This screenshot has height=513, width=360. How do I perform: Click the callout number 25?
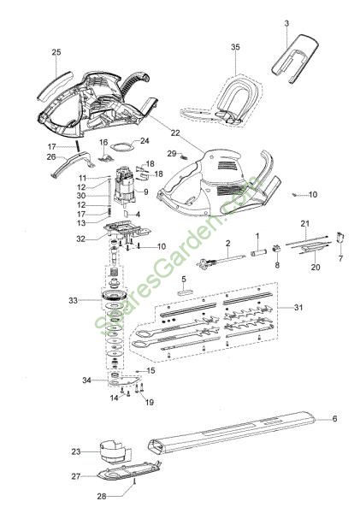[x=56, y=52]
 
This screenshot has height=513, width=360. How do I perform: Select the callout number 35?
[x=235, y=47]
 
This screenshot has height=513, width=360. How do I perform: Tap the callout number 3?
[x=286, y=24]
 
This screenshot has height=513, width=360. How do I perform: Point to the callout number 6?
[x=334, y=418]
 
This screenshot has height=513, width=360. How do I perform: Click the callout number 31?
[x=298, y=308]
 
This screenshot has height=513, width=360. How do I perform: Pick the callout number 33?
[x=73, y=300]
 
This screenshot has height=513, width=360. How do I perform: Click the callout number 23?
[x=76, y=451]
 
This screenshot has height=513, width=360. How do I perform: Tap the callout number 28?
[x=102, y=496]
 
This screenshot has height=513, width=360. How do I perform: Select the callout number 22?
[x=175, y=133]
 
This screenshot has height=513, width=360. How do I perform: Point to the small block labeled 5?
[x=186, y=291]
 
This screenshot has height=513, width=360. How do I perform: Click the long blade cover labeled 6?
[x=232, y=431]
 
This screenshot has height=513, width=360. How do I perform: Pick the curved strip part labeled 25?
[x=55, y=85]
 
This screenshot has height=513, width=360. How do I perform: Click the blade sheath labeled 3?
[x=295, y=58]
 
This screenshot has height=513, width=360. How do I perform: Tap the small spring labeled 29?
[x=184, y=157]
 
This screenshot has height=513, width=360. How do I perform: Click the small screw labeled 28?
[x=134, y=491]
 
